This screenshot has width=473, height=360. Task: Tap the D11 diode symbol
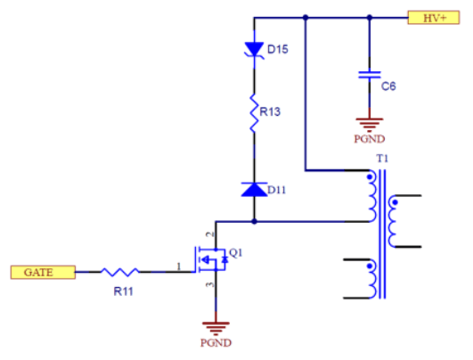click(254, 189)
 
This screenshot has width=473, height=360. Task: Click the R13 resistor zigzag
click(254, 112)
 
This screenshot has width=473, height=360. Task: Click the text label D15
click(278, 50)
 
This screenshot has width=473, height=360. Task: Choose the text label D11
click(278, 190)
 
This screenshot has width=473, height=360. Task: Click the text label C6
click(387, 86)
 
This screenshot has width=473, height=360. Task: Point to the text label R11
click(122, 290)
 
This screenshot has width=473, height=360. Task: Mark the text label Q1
click(236, 252)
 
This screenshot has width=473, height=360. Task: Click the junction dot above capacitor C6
click(368, 17)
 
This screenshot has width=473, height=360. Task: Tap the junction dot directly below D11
click(254, 219)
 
